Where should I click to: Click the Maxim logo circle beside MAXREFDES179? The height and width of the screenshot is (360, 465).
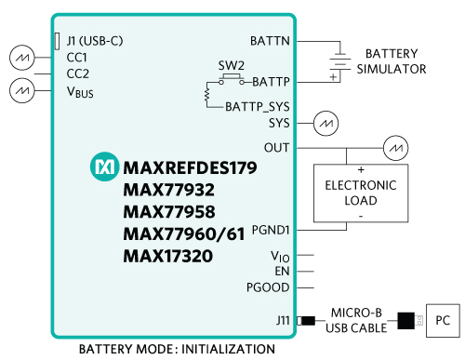pos(104,167)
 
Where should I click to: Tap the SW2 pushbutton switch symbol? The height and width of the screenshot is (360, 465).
pos(232,79)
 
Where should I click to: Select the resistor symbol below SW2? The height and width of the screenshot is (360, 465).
pos(206,95)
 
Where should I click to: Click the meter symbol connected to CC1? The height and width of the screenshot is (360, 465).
pos(22,58)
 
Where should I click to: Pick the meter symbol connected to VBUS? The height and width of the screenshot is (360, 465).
pos(22,90)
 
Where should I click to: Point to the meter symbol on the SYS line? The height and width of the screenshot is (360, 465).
pos(325,124)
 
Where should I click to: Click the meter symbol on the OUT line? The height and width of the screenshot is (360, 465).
pos(395,148)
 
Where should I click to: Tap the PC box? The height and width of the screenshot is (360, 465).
pos(443,320)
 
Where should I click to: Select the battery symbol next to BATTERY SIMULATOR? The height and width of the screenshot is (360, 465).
pos(340,62)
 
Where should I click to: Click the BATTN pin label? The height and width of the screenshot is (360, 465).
pos(270,41)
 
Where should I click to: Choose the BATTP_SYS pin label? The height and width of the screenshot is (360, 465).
pos(258,107)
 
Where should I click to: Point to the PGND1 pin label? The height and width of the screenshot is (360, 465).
pos(271,230)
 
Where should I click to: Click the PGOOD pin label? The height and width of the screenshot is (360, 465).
pos(268,287)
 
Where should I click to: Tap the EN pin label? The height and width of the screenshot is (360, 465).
pos(282,272)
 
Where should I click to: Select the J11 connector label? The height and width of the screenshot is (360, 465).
pos(283,320)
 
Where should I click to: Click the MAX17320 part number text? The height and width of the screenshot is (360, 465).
pos(168,256)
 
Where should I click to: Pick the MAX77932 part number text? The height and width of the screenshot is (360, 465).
pos(169,190)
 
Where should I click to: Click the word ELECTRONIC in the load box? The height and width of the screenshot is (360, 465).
pos(361,185)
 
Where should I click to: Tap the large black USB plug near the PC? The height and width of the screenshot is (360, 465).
pos(405,321)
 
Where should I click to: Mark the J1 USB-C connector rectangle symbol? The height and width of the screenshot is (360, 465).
pos(57,41)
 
